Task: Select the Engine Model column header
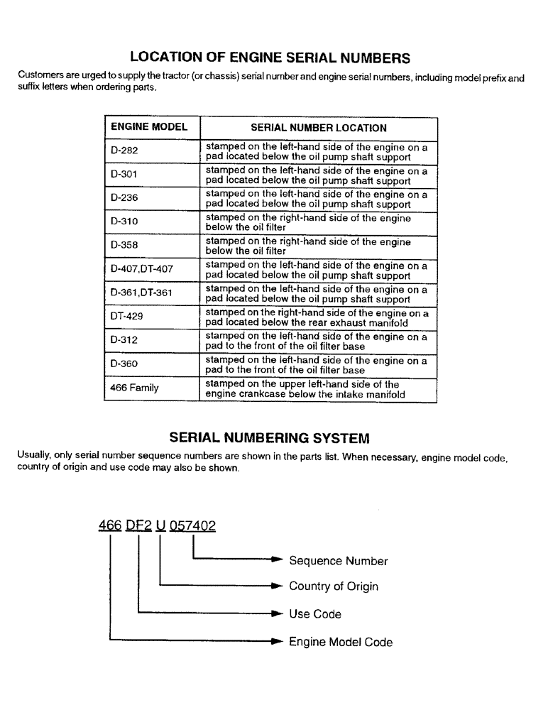[149, 127]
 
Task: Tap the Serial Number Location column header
[319, 128]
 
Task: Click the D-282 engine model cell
[125, 151]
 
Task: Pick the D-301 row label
[125, 175]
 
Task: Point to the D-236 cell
[125, 198]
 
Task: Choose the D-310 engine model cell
[125, 222]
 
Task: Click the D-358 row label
[125, 245]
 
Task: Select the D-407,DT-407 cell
[142, 269]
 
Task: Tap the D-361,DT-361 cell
[142, 293]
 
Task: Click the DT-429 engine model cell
[127, 317]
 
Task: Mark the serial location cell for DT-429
[317, 317]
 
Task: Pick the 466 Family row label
[135, 388]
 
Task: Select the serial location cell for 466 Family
[305, 388]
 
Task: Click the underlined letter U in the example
[160, 526]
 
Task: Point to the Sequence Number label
[338, 561]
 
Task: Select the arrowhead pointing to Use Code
[278, 613]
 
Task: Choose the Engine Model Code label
[340, 642]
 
